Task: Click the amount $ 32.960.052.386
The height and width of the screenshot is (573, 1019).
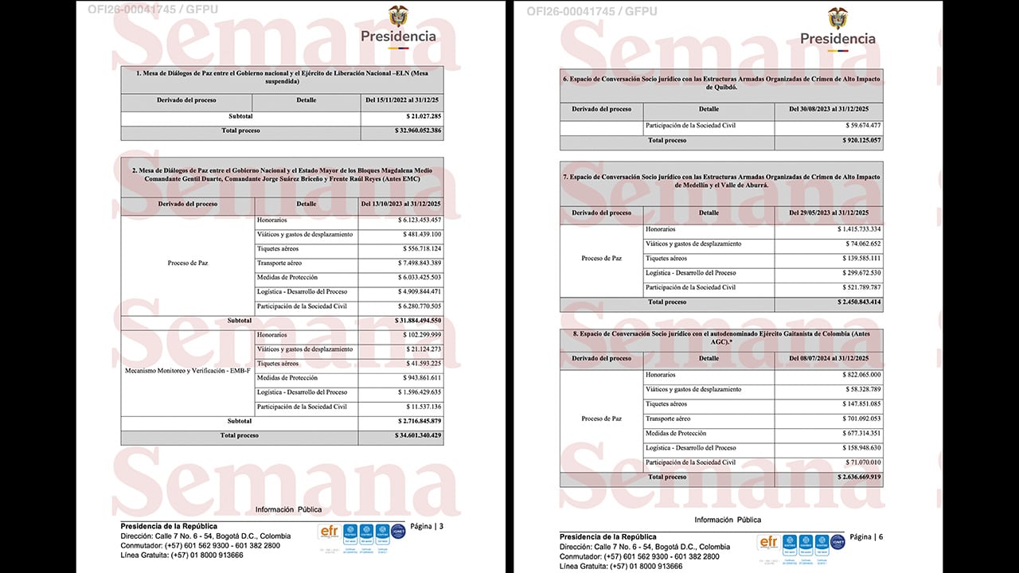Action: pos(418,130)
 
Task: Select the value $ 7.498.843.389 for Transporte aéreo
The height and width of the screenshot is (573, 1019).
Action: pos(419,263)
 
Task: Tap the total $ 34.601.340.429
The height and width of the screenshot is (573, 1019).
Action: pos(418,436)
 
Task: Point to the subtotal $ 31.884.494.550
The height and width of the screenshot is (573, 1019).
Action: pos(418,321)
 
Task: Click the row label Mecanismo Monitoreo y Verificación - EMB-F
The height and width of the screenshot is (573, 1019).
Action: pos(187,371)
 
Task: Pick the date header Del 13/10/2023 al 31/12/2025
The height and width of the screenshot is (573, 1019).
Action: pos(400,204)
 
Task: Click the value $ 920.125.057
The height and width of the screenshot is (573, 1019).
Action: pos(858,141)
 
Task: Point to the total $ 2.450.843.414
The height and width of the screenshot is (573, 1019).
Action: pos(858,302)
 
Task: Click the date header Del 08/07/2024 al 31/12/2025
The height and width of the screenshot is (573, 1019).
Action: pos(828,358)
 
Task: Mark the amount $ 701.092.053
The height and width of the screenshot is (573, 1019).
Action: pos(858,419)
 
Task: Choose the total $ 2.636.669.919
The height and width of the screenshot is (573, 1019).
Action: pos(858,477)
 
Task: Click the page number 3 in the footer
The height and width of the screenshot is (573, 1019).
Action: pos(441,526)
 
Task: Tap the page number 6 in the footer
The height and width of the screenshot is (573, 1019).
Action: pos(880,537)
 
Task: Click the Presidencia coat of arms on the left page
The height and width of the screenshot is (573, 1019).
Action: pos(398,17)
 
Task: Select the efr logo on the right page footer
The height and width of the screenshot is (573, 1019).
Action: pos(768,542)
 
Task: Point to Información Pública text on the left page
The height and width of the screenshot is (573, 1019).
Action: pos(288,509)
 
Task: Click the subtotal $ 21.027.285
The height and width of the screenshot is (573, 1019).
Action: pos(424,116)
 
